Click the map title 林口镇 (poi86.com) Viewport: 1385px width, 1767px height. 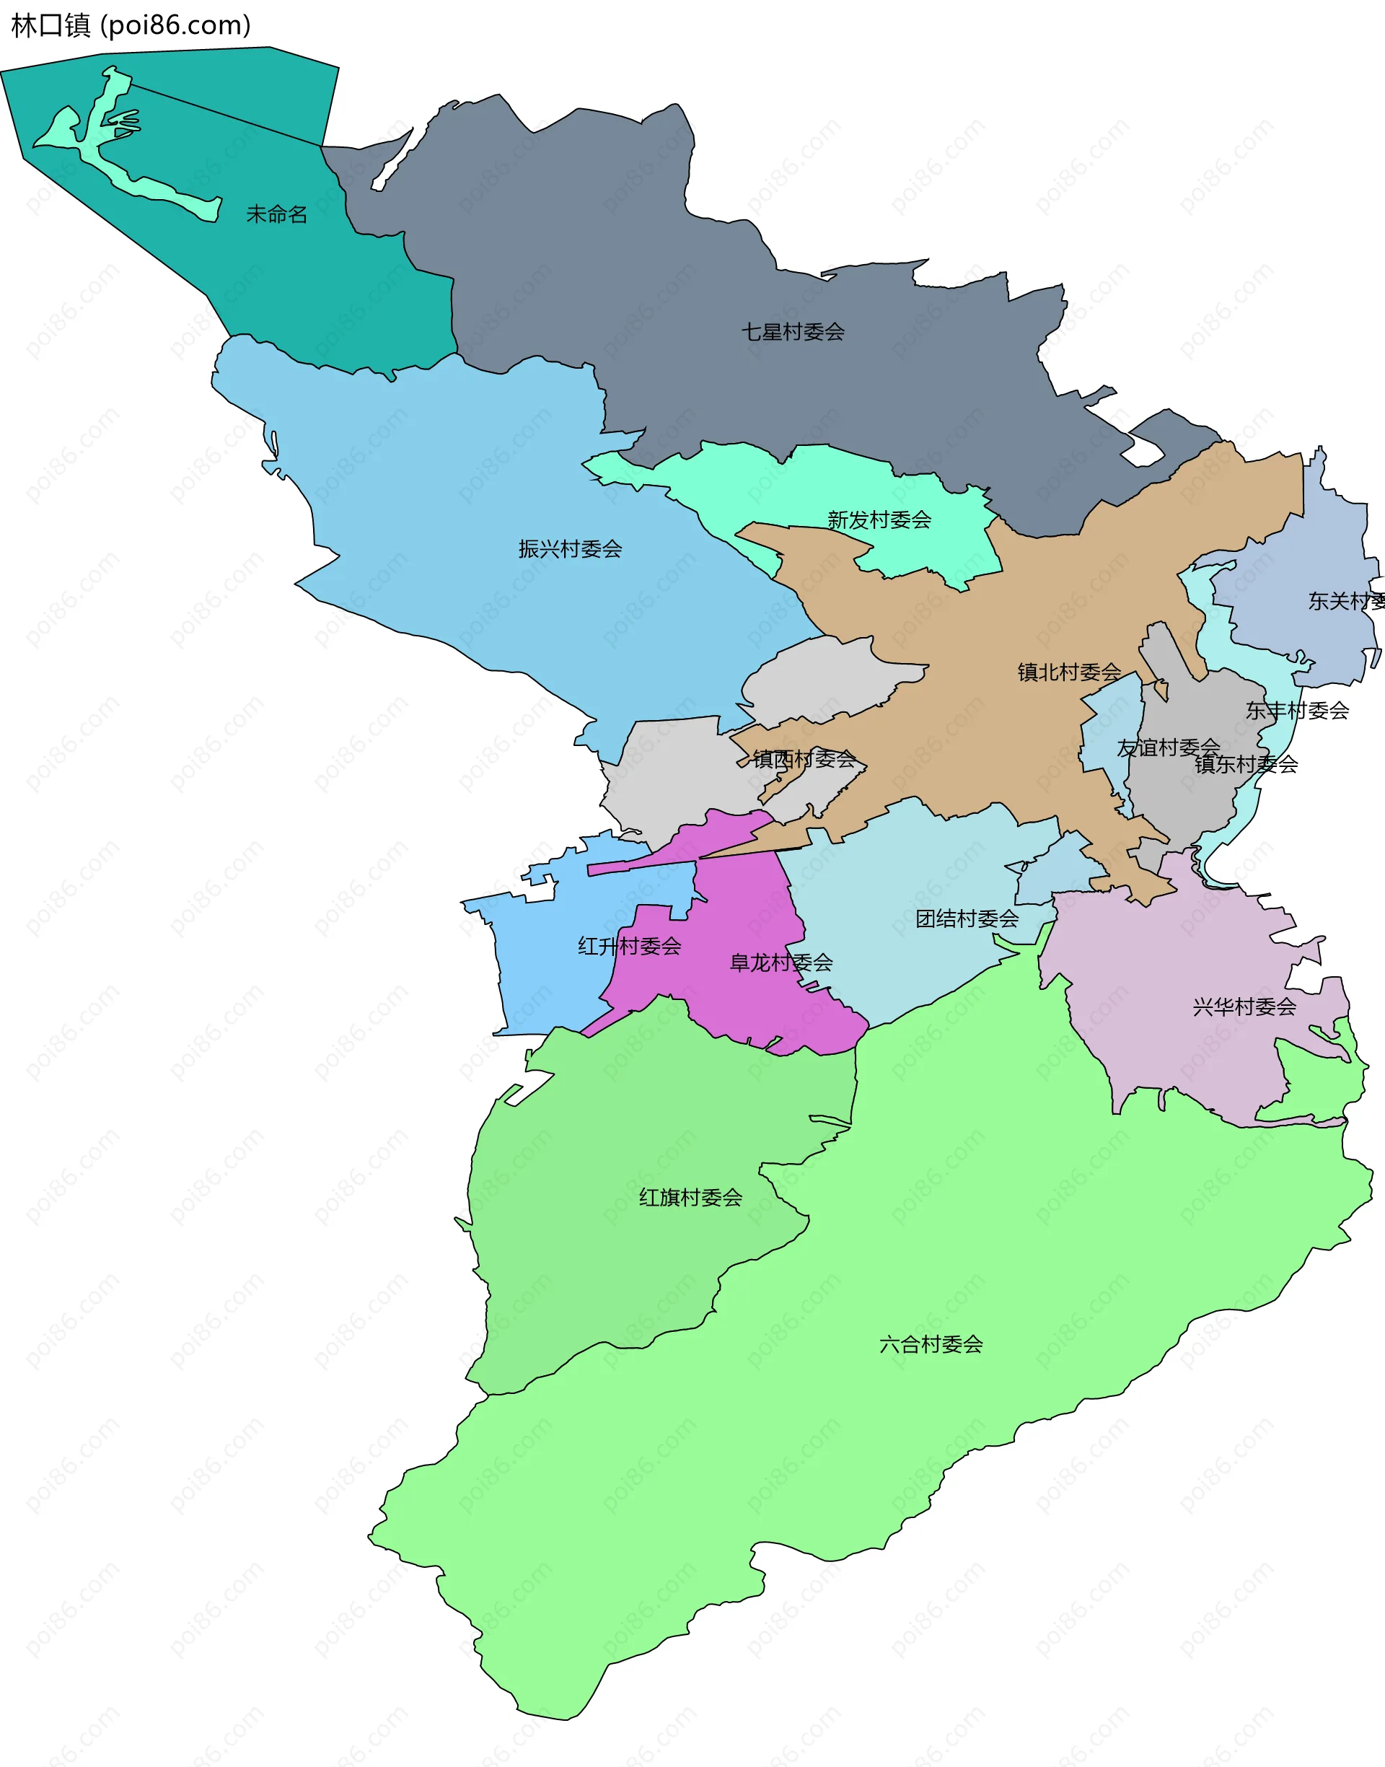click(131, 25)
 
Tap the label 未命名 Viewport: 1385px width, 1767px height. click(276, 214)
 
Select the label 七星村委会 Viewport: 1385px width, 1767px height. click(792, 332)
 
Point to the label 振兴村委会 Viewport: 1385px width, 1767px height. click(570, 549)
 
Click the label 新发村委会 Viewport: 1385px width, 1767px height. click(879, 519)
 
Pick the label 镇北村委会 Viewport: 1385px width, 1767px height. click(1069, 672)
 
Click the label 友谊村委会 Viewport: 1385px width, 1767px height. click(1168, 747)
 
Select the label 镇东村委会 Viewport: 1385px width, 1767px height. click(1246, 764)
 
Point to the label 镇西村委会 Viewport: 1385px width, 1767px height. click(804, 759)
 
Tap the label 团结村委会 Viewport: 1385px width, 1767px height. click(967, 918)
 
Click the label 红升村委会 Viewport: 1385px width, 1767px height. click(629, 945)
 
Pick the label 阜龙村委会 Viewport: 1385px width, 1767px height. click(781, 963)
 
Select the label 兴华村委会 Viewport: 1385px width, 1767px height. click(1244, 1007)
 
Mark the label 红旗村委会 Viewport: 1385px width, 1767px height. click(690, 1197)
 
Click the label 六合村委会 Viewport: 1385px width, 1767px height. click(931, 1344)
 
